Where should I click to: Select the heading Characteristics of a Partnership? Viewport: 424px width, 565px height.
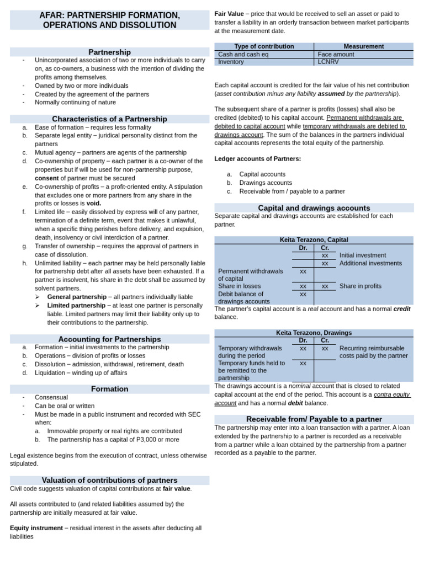(109, 119)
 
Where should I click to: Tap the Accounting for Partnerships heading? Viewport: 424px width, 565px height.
(109, 339)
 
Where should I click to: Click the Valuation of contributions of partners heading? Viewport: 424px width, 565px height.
(109, 480)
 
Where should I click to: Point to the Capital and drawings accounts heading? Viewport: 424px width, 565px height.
(314, 208)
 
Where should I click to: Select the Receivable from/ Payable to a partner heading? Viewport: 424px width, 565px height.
(314, 419)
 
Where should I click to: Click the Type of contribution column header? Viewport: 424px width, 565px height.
(264, 46)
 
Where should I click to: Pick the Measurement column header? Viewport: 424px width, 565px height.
(363, 46)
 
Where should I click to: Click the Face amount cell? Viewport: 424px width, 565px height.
(336, 55)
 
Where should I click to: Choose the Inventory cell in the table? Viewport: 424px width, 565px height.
(231, 62)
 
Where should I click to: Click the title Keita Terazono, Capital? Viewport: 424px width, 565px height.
(314, 240)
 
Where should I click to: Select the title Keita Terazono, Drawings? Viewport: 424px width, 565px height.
(314, 333)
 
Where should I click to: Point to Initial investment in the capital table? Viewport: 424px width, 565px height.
(363, 255)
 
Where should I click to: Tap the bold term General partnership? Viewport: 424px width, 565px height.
(77, 297)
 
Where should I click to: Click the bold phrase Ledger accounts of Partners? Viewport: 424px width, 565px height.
(257, 159)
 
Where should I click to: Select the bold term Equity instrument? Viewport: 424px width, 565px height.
(36, 528)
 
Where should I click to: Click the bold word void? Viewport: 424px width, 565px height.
(93, 203)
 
